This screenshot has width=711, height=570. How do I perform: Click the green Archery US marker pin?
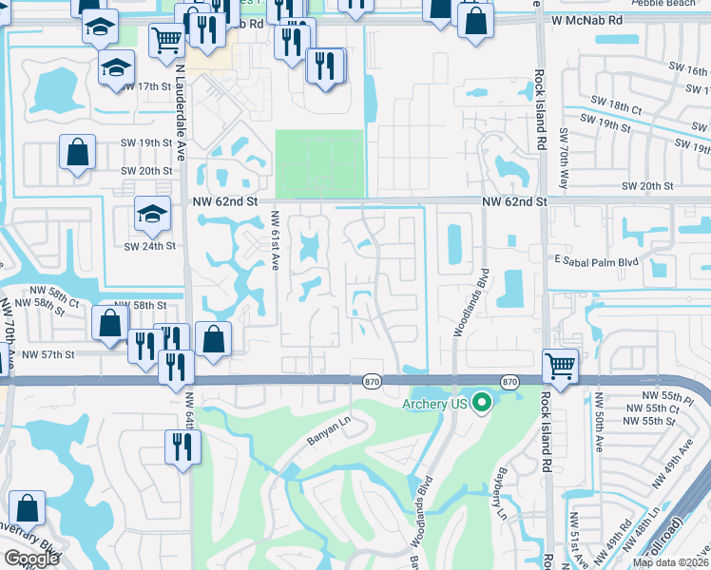[482, 403]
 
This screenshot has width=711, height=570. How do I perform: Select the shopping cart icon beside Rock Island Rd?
[561, 364]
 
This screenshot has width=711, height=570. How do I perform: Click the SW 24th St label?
[150, 245]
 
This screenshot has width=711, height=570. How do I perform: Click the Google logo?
[31, 559]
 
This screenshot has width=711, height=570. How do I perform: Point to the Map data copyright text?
[670, 562]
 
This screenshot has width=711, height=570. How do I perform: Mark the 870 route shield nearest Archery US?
[510, 382]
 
